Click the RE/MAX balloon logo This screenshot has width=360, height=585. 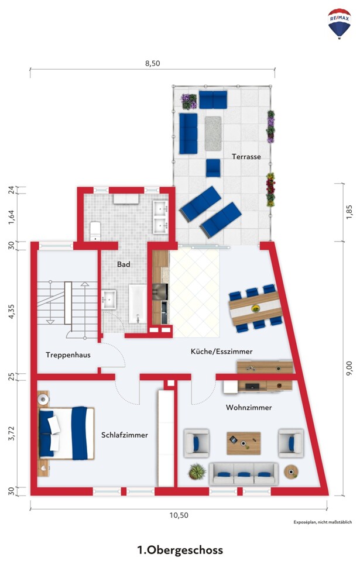point(339,23)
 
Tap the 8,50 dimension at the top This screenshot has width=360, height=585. point(152,63)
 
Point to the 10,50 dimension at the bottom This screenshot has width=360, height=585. point(179,515)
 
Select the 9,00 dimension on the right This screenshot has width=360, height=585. point(349,368)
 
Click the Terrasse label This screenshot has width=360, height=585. point(246,156)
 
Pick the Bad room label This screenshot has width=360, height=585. point(124,264)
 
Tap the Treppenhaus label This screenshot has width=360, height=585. point(68,355)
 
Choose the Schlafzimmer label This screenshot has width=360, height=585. point(124,435)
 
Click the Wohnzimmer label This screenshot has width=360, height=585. point(249,407)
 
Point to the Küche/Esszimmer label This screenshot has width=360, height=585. point(221,352)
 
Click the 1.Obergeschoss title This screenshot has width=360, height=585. point(180,550)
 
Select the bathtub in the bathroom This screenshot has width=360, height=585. point(138,304)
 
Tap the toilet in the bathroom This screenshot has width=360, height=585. point(95,231)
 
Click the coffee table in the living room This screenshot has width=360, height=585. point(244,443)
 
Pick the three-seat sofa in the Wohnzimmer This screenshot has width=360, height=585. point(244,473)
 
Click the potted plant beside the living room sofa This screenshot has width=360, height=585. point(197,472)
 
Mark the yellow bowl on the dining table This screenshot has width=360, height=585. point(255,308)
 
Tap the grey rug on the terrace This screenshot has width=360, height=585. point(213,133)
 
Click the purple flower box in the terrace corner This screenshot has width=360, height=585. point(189,101)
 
